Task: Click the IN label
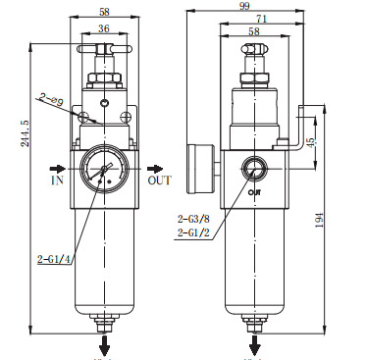coord(56,181)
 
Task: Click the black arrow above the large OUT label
coord(154,167)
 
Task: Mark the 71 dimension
coord(258,20)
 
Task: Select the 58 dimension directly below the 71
coord(254,32)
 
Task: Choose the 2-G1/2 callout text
coord(193,232)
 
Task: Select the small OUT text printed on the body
coord(254,192)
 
